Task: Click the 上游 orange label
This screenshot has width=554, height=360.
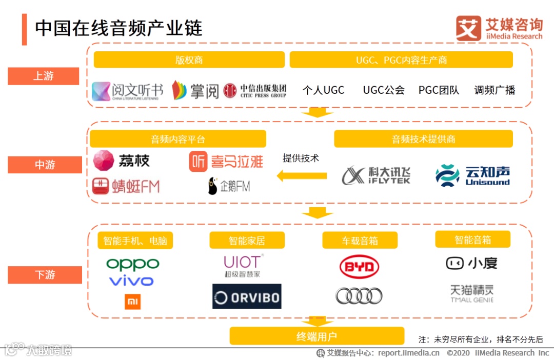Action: tap(44, 76)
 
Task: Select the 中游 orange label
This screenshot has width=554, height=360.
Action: tap(45, 165)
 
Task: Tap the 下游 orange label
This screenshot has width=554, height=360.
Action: tap(45, 275)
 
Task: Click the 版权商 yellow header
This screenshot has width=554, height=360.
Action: tap(189, 60)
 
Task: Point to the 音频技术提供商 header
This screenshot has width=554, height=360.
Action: tap(423, 139)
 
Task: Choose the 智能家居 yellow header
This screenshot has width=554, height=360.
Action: tap(247, 241)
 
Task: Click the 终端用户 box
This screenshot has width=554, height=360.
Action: tap(316, 336)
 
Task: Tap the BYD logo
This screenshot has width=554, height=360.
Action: tap(359, 267)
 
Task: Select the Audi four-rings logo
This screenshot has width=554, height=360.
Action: tap(359, 295)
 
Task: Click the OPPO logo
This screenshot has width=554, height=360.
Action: tap(132, 265)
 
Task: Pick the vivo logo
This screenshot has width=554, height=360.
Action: tap(131, 281)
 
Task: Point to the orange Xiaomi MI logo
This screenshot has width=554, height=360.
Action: tap(133, 302)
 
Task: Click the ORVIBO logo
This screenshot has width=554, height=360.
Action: tap(247, 296)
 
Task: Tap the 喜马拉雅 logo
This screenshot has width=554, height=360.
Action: tap(226, 162)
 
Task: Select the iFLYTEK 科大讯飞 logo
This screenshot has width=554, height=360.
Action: tap(376, 175)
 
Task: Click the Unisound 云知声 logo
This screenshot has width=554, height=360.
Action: tap(472, 175)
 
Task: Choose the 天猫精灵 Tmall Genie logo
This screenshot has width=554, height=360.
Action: tap(471, 293)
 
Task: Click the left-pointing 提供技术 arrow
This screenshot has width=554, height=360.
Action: tap(302, 176)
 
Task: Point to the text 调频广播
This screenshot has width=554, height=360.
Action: tap(494, 90)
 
